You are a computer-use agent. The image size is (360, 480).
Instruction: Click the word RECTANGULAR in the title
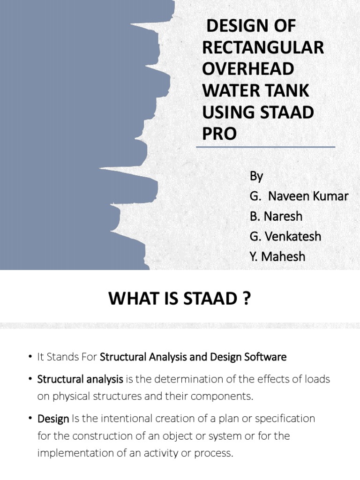pos(263,48)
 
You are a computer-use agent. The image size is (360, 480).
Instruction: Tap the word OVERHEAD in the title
pos(248,69)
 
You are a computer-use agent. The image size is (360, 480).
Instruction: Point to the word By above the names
pos(256,176)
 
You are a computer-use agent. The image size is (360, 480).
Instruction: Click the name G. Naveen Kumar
pos(299,196)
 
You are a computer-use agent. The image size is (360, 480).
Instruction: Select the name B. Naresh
pos(276,217)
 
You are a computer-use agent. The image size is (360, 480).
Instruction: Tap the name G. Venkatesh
pos(285,237)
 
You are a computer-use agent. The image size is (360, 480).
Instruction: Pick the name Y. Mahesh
pos(277,257)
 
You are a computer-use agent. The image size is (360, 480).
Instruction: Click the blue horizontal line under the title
pos(265,147)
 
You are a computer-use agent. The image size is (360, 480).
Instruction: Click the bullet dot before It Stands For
pos(29,357)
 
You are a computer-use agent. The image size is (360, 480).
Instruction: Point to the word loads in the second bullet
pos(319,379)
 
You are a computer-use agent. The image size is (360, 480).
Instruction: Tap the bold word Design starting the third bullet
pos(53,418)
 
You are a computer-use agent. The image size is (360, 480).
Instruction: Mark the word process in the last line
pos(210,454)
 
